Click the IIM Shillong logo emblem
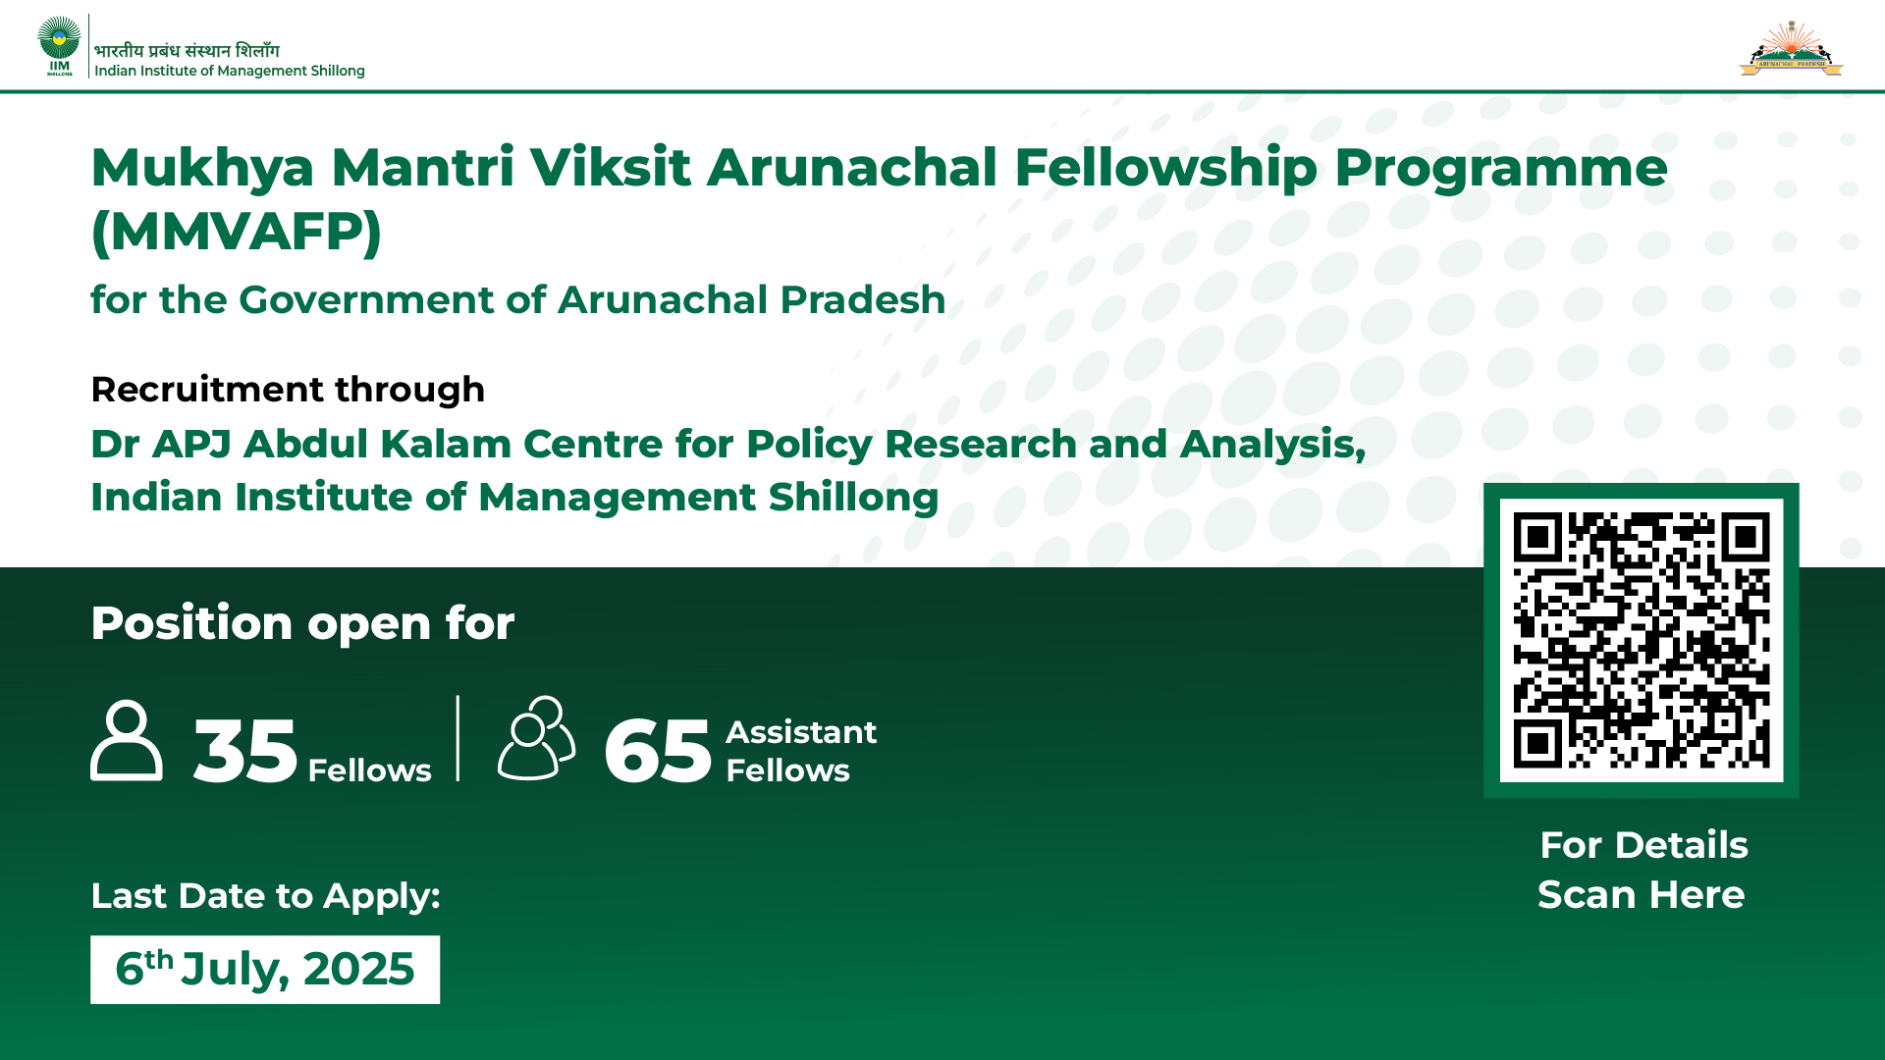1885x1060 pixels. (59, 45)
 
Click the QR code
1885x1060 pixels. (1642, 640)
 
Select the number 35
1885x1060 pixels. (244, 751)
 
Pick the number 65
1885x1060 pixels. (657, 751)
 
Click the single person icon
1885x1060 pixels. (127, 740)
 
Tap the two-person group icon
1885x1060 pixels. (536, 738)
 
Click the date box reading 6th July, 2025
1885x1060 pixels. (265, 970)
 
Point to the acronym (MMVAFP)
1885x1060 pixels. (236, 232)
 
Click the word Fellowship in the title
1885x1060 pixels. (1165, 168)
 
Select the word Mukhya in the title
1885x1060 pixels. (202, 168)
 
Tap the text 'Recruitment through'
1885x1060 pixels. (288, 390)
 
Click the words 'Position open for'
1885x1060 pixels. (302, 623)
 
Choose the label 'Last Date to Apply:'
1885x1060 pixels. (265, 896)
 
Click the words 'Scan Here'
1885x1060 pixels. (1642, 895)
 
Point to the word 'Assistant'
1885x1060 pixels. (801, 732)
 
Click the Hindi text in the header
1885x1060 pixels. (187, 50)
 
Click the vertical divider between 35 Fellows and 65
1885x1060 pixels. (458, 738)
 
